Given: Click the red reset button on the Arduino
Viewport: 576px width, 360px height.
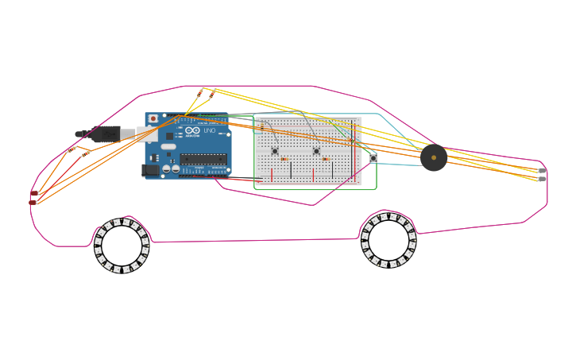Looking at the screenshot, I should click(153, 119).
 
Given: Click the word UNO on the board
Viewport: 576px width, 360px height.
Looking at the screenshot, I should click(209, 131).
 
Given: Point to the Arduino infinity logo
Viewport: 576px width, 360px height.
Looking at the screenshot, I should click(192, 131).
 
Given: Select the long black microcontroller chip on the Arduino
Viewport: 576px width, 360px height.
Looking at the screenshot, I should click(203, 159).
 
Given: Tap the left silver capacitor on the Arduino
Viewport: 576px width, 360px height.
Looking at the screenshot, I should click(166, 168).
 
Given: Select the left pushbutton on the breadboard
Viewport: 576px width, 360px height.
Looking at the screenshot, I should click(275, 151).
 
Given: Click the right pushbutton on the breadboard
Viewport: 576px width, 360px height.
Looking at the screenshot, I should click(316, 151).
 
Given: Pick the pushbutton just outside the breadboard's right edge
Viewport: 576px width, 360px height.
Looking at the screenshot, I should click(373, 158).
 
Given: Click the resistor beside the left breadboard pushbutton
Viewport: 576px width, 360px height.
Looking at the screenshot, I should click(284, 159).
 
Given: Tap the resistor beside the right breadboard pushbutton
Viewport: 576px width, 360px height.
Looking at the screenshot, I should click(326, 159).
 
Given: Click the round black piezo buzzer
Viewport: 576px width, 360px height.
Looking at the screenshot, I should click(433, 157).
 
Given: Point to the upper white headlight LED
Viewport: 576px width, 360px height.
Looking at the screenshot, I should click(543, 170).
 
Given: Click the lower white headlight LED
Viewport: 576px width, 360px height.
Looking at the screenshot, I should click(543, 179).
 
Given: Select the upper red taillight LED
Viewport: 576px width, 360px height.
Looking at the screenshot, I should click(34, 193).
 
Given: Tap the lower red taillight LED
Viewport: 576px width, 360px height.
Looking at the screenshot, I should click(33, 203).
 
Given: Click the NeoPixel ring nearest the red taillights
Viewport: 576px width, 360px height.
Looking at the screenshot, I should click(122, 246).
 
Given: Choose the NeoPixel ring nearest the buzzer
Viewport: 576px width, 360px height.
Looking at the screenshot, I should click(389, 239).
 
